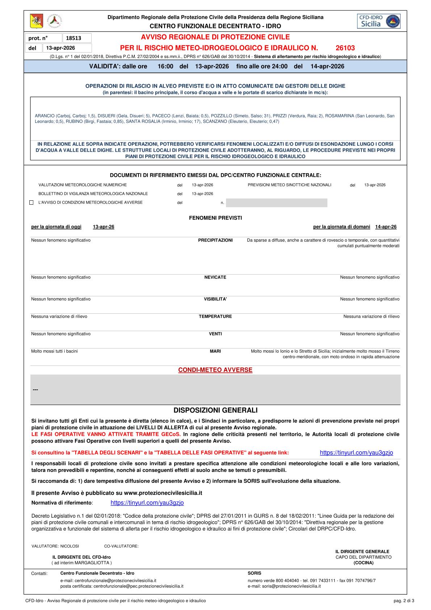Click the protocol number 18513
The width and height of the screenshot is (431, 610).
(74, 38)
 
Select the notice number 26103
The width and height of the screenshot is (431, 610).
(345, 48)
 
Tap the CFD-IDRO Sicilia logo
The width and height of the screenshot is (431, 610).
(378, 21)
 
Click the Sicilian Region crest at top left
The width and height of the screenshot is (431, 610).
(36, 21)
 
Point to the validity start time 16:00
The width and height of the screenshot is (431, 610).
(166, 66)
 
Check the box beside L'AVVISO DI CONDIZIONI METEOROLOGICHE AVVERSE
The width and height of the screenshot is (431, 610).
(31, 202)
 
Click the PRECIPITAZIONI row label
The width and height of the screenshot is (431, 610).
(215, 240)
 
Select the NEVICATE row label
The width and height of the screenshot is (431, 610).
(215, 277)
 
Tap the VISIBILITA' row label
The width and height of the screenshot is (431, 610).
(215, 299)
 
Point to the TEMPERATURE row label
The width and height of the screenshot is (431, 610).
(215, 316)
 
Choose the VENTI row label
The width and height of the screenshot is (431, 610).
(215, 334)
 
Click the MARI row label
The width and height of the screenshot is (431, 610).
(215, 351)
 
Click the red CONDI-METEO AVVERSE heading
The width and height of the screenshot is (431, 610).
(215, 370)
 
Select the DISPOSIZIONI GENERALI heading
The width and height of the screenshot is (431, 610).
(215, 410)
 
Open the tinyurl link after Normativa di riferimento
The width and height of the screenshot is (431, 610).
(147, 503)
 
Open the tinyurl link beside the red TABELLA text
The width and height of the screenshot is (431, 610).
(356, 452)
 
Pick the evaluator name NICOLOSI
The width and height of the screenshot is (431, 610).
(70, 546)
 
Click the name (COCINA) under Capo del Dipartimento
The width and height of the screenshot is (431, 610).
(363, 563)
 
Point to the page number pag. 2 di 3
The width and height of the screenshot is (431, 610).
(403, 601)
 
